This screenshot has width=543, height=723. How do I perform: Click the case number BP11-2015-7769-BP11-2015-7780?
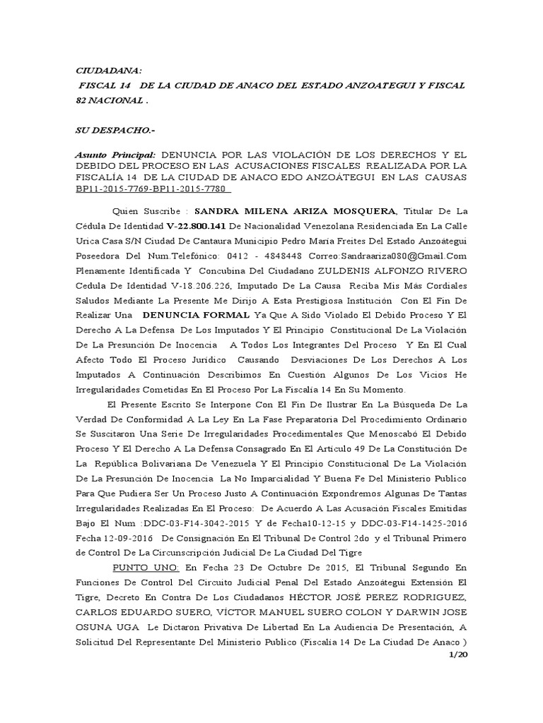tap(154, 189)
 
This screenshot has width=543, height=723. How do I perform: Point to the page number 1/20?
tap(459, 657)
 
